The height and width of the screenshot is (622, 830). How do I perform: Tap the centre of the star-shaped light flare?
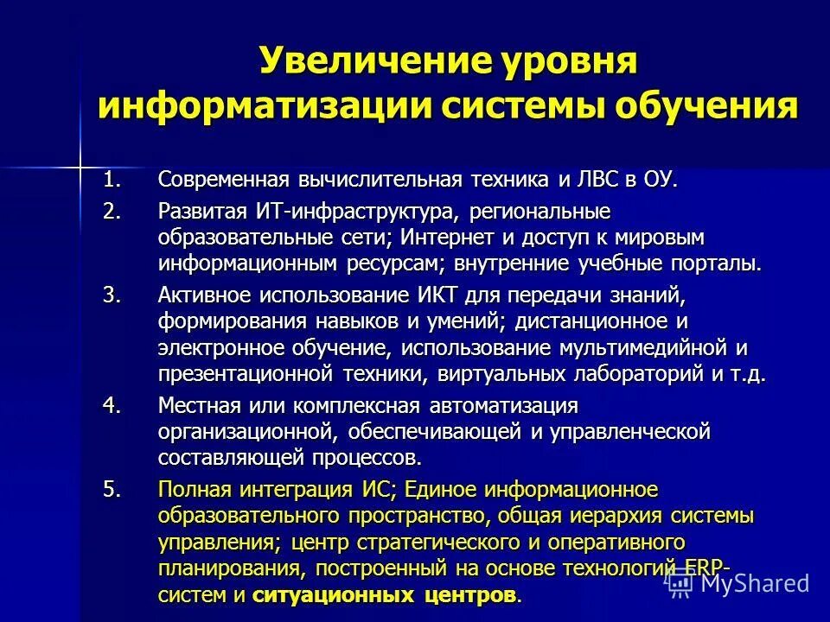(79, 162)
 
